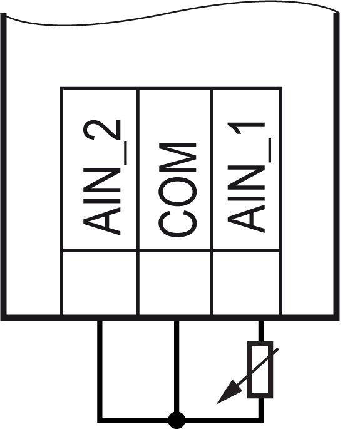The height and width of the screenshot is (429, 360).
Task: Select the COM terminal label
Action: (x=177, y=189)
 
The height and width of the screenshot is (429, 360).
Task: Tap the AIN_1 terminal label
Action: (x=247, y=177)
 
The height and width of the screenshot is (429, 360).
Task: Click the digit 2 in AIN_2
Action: (x=102, y=130)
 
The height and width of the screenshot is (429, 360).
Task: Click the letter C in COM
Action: (x=177, y=223)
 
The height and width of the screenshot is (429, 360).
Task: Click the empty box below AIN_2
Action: (x=100, y=282)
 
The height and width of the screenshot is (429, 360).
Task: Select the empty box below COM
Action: (x=176, y=282)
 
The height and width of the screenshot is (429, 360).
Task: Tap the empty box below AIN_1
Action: (x=247, y=282)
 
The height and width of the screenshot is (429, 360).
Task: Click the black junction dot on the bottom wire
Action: (x=177, y=420)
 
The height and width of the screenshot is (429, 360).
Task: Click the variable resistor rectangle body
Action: (x=260, y=370)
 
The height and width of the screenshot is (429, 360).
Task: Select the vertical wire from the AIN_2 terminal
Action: (x=100, y=370)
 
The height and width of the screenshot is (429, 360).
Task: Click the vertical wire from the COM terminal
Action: (x=177, y=366)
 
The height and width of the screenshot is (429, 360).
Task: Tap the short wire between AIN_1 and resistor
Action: (x=261, y=331)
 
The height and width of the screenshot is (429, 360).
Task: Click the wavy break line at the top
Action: (x=172, y=13)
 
